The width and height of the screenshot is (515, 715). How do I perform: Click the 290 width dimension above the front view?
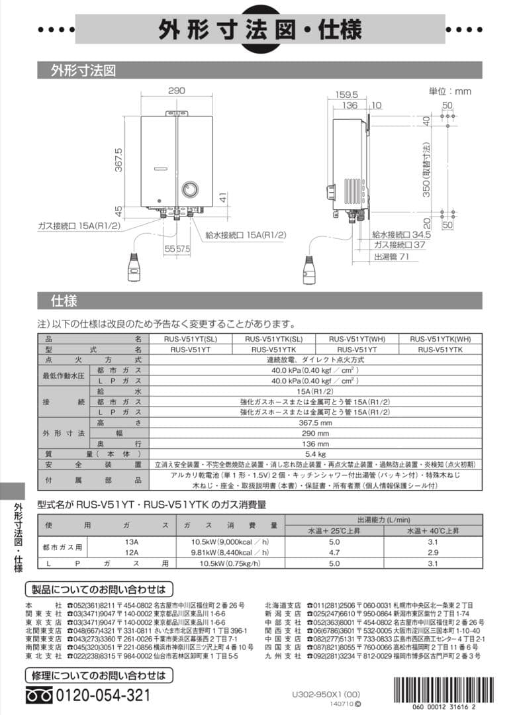click(x=176, y=91)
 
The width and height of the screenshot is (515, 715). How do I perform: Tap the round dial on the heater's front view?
click(x=189, y=189)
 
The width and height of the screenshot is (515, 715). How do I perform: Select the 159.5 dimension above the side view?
click(x=346, y=95)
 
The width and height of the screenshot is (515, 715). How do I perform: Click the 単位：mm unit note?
click(x=450, y=91)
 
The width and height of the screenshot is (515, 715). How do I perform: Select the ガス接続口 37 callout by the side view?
click(x=398, y=245)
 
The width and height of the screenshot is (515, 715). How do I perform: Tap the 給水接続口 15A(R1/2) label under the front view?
click(x=246, y=234)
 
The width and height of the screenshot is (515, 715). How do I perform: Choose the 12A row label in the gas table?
click(x=132, y=551)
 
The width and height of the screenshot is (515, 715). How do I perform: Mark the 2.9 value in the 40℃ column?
click(x=433, y=551)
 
